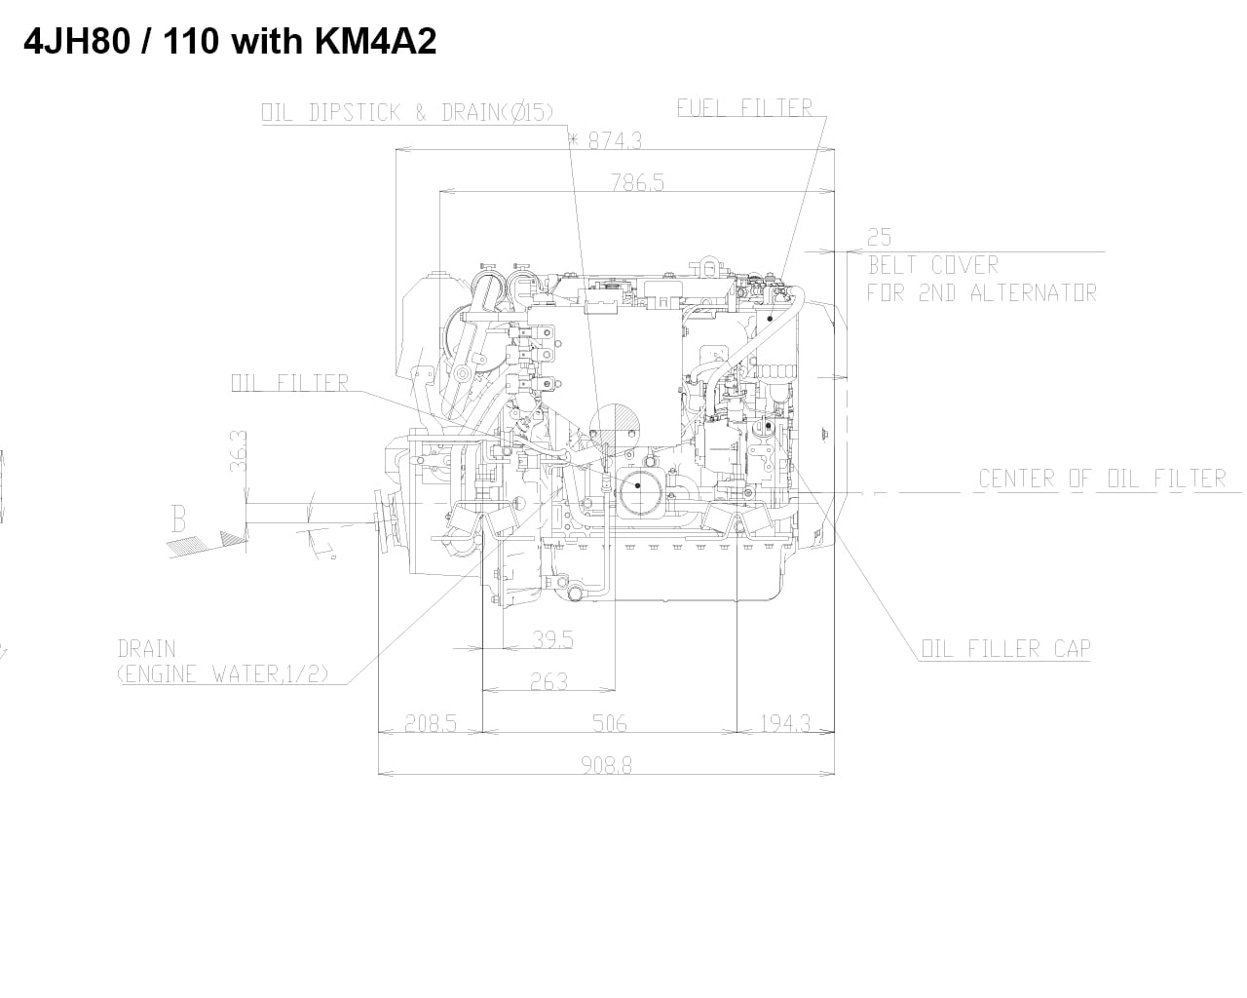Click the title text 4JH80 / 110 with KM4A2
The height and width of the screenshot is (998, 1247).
click(x=229, y=42)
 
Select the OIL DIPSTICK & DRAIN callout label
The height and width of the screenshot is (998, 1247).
click(x=407, y=112)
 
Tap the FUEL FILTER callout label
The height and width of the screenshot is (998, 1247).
click(x=744, y=107)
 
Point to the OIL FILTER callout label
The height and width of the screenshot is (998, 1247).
click(x=289, y=382)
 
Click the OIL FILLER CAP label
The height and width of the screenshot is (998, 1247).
click(x=1005, y=649)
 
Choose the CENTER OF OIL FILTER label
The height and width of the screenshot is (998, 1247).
click(x=1102, y=478)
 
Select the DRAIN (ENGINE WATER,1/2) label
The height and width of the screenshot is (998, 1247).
click(x=222, y=661)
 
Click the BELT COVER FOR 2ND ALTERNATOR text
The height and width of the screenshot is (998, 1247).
click(x=981, y=279)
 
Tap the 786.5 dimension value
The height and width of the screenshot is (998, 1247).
click(x=637, y=181)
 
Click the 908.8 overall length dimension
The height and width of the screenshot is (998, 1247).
click(x=606, y=766)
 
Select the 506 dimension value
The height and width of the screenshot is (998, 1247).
click(x=609, y=723)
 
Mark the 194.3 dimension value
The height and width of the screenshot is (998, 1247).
click(x=783, y=723)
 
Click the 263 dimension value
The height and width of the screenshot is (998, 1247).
click(x=548, y=682)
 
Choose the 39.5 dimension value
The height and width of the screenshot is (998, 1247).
click(x=552, y=639)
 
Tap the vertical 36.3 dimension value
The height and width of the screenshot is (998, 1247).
click(x=238, y=452)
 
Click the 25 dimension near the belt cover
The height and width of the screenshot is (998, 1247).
click(x=879, y=237)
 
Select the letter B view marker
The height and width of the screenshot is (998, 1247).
click(x=178, y=519)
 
